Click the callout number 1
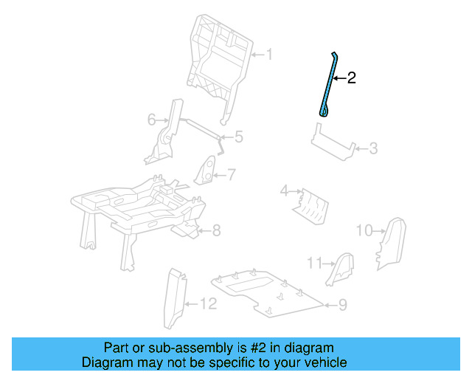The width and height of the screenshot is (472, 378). point(269,55)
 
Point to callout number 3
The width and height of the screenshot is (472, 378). point(373,149)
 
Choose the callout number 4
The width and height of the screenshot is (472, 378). point(284,192)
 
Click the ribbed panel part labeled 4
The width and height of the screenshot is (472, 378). point(310,205)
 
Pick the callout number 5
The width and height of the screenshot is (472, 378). point(238,137)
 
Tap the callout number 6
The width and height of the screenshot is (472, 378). point(151,119)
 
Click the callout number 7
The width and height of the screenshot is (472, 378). point(231,175)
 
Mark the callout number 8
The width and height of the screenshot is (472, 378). point(216,231)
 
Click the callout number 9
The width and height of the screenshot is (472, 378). point(343,303)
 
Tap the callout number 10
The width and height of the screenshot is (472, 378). point(364,230)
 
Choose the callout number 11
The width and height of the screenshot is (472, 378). point(315,263)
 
